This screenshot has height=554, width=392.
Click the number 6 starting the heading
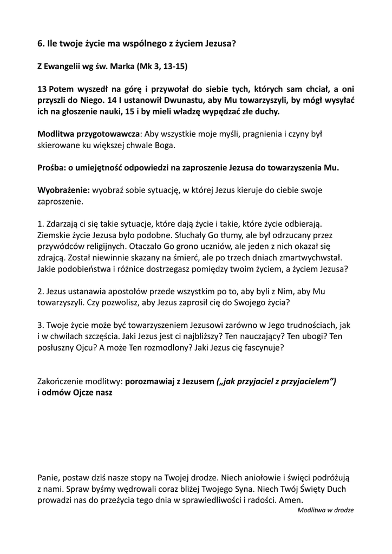point(40,43)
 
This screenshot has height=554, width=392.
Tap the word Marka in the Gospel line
point(122,67)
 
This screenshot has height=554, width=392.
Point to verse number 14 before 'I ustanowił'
point(112,100)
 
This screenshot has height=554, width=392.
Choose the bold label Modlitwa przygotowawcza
point(89,134)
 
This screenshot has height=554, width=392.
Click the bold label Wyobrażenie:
point(63,190)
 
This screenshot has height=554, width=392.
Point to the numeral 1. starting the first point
point(41,223)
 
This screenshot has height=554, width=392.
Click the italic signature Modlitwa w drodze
point(325,510)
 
